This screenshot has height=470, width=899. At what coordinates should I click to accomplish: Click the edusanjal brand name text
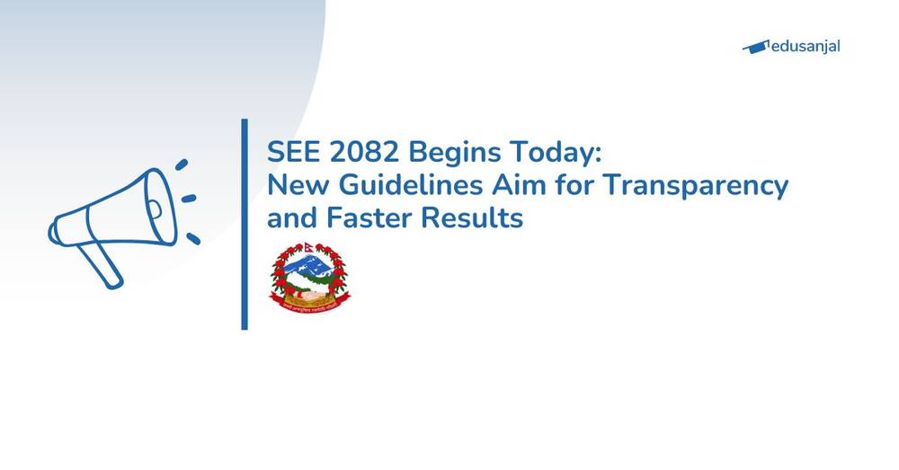(806, 47)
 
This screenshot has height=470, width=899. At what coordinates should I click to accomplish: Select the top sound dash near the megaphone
(182, 164)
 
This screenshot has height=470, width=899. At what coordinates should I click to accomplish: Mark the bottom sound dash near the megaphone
(192, 238)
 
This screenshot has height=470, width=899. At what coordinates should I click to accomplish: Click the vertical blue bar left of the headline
(245, 224)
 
